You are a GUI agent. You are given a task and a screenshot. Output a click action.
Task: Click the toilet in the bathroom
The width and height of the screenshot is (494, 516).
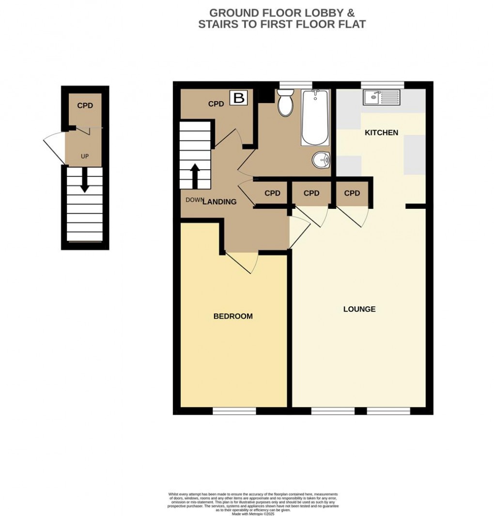tap(285, 104)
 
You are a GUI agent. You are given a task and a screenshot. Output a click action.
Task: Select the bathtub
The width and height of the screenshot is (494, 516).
tap(315, 118)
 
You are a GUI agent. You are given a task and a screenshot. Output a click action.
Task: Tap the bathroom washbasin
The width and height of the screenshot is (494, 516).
tap(321, 159)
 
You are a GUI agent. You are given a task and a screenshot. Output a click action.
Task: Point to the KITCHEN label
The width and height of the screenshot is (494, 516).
tap(381, 132)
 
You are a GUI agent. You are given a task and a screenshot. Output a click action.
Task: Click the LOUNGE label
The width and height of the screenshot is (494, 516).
tap(359, 309)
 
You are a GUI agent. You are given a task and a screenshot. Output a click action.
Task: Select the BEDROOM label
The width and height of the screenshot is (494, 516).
tap(233, 316)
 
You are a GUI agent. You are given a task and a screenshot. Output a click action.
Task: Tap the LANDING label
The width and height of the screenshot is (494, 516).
tap(219, 202)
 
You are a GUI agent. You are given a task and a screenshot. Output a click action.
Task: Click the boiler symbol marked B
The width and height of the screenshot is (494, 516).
tap(239, 98)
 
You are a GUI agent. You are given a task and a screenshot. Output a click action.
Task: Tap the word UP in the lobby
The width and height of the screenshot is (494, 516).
tap(85, 156)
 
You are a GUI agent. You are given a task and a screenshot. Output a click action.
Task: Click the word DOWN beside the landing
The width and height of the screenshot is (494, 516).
tap(194, 200)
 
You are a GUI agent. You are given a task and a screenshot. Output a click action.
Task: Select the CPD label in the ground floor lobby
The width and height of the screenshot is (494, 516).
tap(85, 106)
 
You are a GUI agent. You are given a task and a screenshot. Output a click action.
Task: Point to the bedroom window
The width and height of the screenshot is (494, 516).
tap(234, 411)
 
